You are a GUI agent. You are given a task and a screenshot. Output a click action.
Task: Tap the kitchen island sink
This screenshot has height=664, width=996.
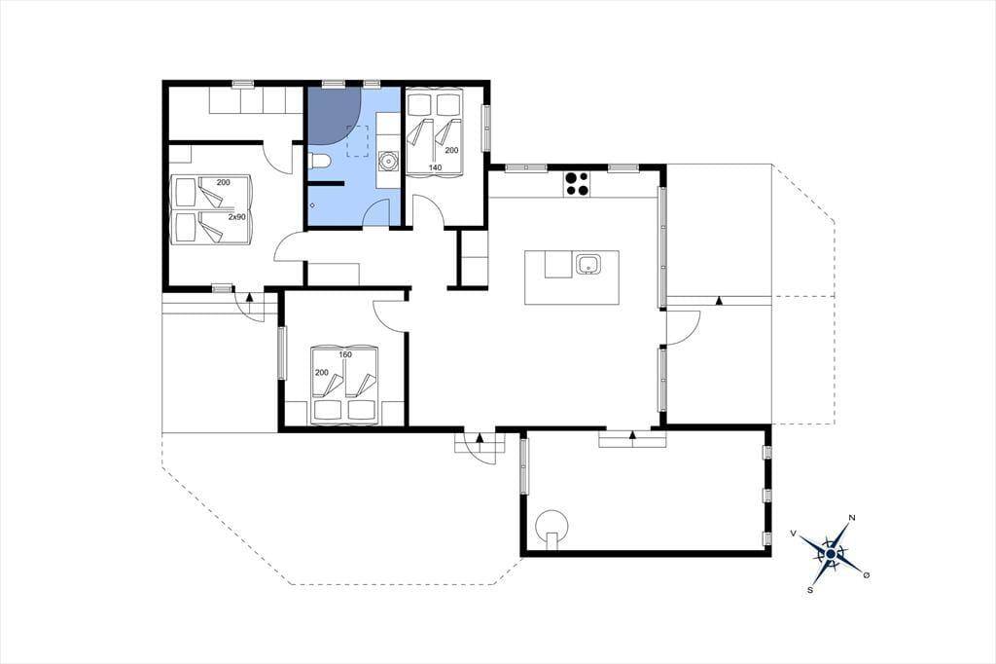click(588, 264)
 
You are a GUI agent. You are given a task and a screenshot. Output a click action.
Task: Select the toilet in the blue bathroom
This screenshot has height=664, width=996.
click(319, 163)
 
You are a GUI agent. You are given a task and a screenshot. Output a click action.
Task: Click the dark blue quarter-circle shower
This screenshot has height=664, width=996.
click(335, 114)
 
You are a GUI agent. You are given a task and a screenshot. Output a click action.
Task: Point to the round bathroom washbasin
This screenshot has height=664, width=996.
click(388, 162)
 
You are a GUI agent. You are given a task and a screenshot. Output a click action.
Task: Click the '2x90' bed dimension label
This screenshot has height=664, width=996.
click(237, 217)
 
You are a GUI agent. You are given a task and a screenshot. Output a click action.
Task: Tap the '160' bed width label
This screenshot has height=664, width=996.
click(345, 355)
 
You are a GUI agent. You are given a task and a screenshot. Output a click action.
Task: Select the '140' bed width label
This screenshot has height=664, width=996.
click(435, 167)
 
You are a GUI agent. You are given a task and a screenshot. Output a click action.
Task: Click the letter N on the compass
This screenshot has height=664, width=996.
click(852, 518)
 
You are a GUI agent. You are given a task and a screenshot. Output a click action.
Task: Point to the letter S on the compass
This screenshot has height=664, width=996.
click(810, 590)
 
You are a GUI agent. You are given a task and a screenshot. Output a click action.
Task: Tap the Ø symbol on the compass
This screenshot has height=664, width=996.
click(867, 575)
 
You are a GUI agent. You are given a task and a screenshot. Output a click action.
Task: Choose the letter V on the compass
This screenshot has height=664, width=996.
click(794, 533)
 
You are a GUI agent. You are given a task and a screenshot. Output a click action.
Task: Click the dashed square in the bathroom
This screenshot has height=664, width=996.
click(358, 140)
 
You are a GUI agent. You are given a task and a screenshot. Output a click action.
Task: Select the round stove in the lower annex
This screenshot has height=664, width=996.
click(551, 526)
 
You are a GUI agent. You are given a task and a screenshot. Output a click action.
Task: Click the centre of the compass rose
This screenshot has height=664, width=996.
click(831, 554)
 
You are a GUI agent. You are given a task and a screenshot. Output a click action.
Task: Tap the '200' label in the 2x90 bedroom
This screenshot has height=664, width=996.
click(223, 182)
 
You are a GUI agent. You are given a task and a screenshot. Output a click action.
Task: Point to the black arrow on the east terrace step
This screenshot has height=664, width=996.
click(719, 301)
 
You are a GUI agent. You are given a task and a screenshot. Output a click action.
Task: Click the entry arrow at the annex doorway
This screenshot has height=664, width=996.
click(632, 435)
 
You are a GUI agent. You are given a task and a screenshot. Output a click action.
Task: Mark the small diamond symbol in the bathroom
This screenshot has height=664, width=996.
click(312, 205)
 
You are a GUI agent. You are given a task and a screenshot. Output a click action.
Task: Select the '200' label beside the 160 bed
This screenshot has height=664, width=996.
click(322, 373)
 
